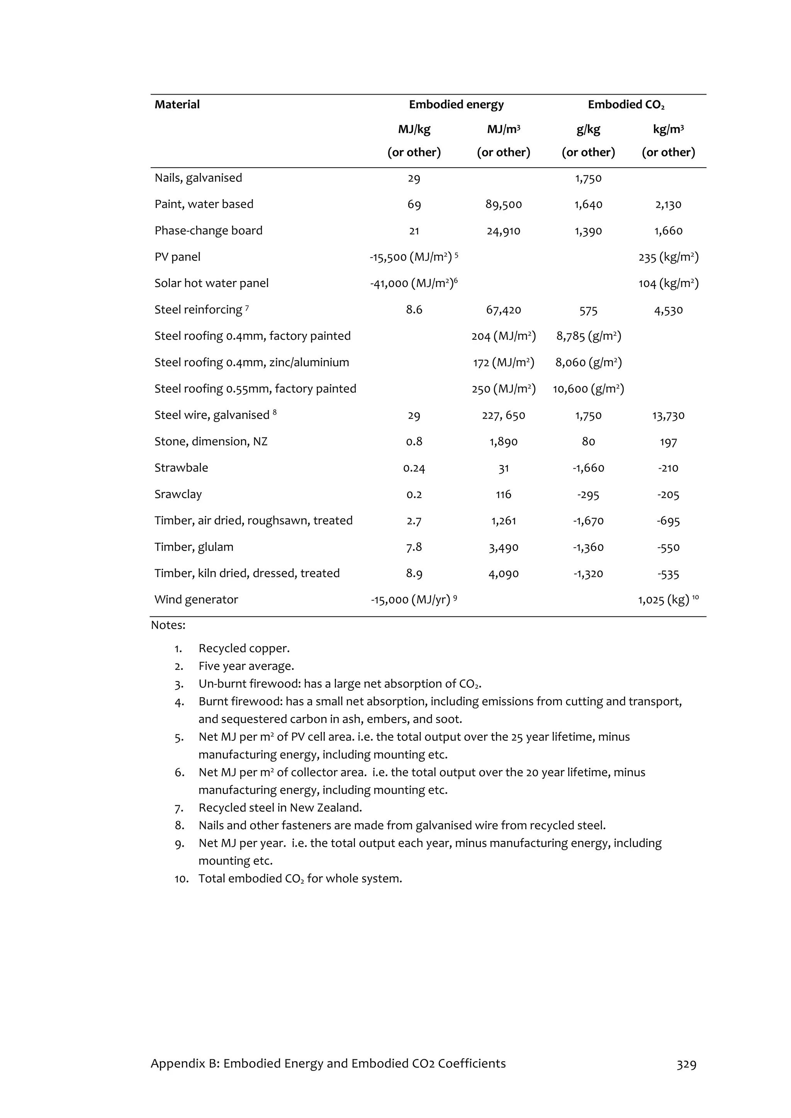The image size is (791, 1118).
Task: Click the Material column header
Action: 177,105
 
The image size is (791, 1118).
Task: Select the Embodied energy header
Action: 456,105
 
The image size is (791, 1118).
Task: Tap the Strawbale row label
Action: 181,468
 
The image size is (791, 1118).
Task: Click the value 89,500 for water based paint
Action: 503,205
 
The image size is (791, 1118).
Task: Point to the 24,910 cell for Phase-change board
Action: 503,231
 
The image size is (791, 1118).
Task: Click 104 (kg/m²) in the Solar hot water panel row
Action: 668,283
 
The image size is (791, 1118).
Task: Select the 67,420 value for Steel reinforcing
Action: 503,310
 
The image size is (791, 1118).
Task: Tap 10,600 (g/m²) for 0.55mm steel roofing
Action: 588,389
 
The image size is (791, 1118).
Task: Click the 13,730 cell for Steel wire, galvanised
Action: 668,416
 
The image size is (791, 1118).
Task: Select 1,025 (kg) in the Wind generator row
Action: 664,600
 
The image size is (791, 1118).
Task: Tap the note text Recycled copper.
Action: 244,649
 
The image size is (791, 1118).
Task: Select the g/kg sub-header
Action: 588,130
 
